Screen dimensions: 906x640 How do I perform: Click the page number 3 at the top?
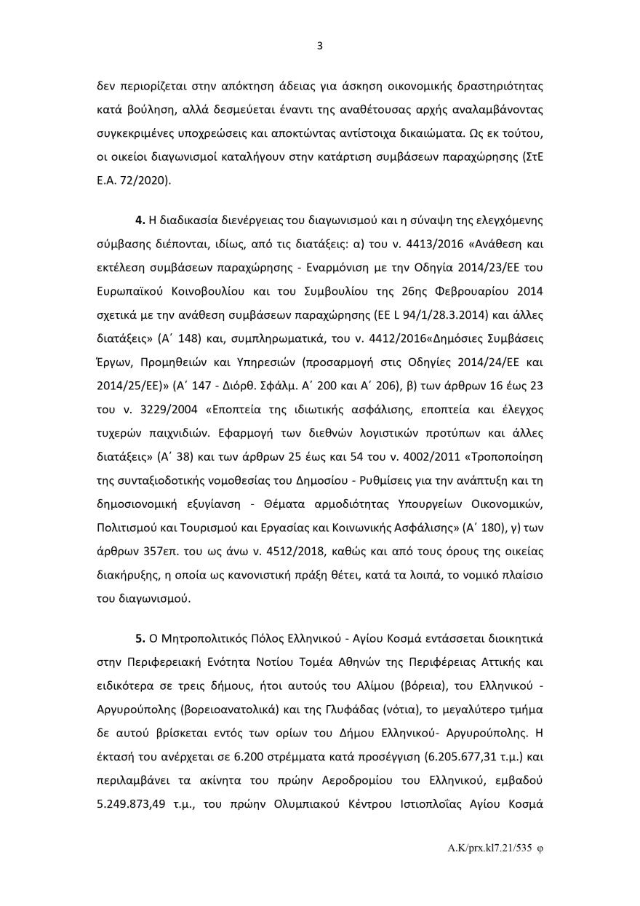[320, 46]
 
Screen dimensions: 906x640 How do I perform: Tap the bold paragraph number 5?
[140, 639]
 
